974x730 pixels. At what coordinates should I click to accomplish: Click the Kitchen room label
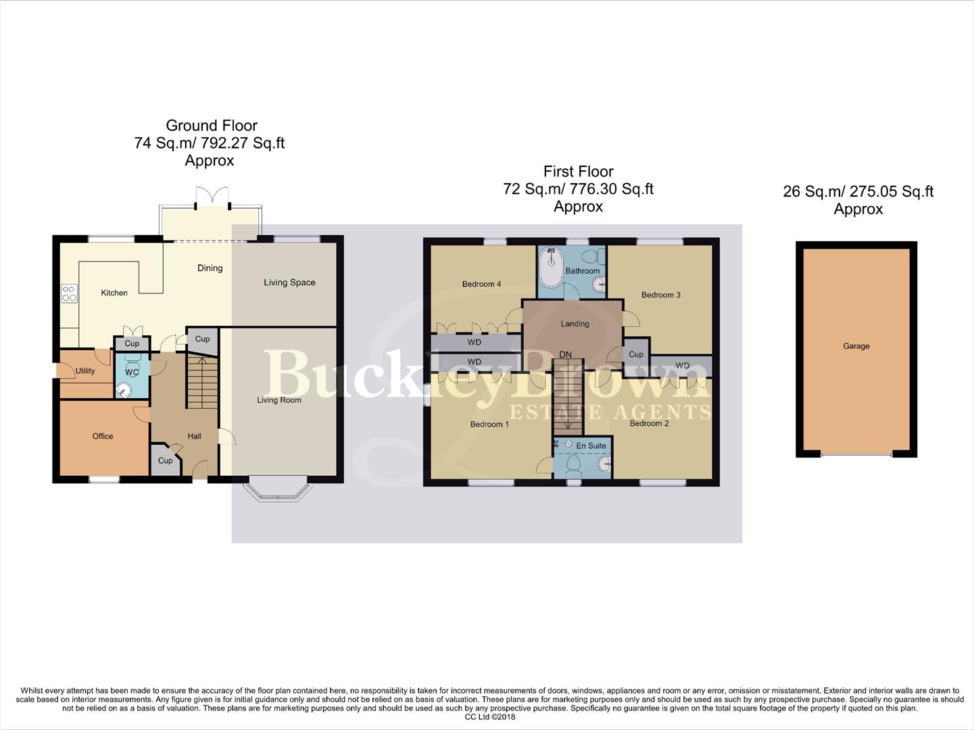pos(114,293)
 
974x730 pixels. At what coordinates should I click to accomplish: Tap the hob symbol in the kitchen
pos(69,293)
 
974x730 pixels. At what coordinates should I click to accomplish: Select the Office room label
pos(103,436)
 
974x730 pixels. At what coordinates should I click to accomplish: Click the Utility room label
pos(85,370)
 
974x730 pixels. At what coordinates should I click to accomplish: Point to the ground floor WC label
pos(132,372)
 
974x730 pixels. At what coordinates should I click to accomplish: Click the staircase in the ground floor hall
pos(202,383)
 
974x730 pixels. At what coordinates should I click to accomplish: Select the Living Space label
pos(289,283)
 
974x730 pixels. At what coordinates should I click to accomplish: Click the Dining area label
pos(210,268)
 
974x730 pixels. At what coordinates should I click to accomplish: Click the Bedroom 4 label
pos(481,284)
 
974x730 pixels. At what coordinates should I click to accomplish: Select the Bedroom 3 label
pos(660,295)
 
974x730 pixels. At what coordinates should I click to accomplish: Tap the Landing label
pos(575,324)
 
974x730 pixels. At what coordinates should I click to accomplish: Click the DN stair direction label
pos(565,354)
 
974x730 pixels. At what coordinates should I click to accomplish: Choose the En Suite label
pos(591,445)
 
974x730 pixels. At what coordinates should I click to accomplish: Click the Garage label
pos(856,346)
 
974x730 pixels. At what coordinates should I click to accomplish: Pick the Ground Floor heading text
pos(212,126)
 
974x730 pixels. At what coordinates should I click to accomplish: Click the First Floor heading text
pos(578,172)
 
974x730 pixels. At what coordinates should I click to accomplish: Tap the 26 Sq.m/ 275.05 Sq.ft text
pos(858,191)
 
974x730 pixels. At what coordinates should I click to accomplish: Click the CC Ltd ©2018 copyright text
pos(490,717)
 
